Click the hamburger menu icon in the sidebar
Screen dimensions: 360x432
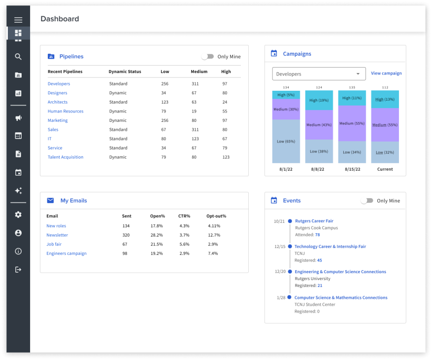coord(18,20)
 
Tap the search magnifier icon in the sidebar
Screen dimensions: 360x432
coord(18,57)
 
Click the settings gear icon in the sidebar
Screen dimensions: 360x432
coord(18,215)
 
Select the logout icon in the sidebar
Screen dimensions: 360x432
coord(18,269)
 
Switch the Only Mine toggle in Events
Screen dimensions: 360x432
coord(367,201)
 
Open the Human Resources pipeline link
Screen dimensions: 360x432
coord(66,111)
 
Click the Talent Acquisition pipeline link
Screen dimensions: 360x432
coord(66,157)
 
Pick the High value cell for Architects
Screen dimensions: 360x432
coord(225,102)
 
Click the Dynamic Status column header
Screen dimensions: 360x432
coord(125,72)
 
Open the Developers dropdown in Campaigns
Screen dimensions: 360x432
coord(319,74)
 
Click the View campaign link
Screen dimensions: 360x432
coord(386,73)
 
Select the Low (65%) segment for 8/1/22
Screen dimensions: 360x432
coord(286,142)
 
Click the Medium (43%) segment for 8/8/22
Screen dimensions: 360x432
coord(319,125)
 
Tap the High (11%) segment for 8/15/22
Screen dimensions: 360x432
coord(352,98)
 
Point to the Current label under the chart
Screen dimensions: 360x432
coord(385,169)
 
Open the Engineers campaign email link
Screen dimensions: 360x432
coord(66,253)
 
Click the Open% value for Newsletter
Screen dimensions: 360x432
coord(156,235)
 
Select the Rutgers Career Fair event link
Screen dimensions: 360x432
coord(314,221)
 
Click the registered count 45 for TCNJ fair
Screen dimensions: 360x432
coord(320,260)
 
